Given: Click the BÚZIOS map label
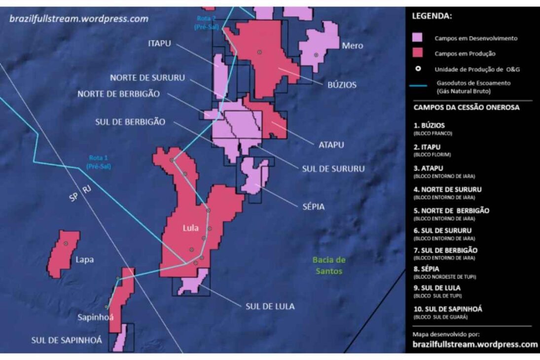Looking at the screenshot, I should click(342, 85).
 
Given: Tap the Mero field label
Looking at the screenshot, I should click(352, 45).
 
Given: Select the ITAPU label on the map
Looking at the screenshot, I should click(159, 43).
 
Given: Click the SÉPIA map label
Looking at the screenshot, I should click(313, 207).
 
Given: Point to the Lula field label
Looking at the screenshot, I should click(190, 228).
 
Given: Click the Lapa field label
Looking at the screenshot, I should click(85, 259).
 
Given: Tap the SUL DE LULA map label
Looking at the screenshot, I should click(270, 306).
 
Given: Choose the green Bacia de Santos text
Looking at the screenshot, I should click(329, 265).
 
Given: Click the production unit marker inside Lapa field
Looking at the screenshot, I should click(65, 244).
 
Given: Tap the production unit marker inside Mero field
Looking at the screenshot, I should click(316, 55).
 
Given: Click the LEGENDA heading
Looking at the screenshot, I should click(432, 16).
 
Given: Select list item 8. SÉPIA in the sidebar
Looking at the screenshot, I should click(427, 269).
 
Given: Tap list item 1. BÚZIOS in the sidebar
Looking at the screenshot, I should click(430, 126).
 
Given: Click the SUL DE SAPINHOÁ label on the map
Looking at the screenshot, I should click(67, 340).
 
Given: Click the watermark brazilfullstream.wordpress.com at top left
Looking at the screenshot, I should click(79, 19).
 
